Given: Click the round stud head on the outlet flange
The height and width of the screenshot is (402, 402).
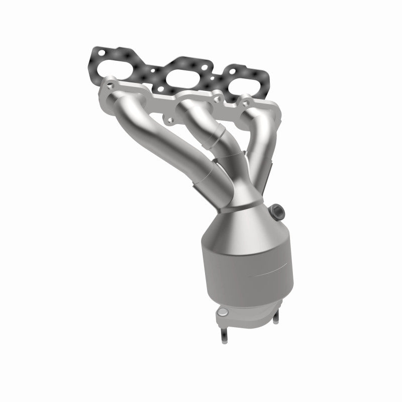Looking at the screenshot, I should click(x=221, y=314).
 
